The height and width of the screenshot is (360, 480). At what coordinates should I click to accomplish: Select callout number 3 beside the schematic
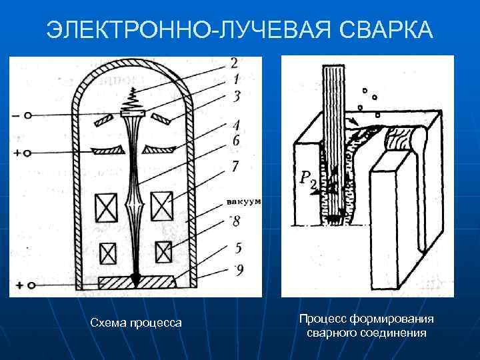point(236,97)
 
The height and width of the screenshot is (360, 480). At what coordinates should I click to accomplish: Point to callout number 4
point(236,125)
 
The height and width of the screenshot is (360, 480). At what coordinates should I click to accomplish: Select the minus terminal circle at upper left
point(28,115)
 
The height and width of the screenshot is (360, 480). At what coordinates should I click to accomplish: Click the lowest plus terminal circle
point(28,285)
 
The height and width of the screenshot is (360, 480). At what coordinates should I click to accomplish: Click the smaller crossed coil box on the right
point(163,252)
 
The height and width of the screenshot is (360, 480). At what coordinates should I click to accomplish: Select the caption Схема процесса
point(136,323)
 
